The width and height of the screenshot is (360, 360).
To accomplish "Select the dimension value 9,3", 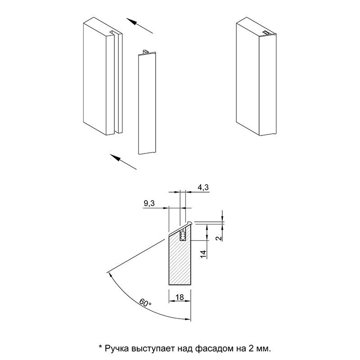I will [149, 204].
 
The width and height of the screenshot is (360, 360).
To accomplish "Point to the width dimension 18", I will [180, 297].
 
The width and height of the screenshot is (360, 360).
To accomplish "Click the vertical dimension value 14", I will [203, 254].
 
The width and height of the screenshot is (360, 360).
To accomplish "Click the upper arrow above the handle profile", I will [139, 26].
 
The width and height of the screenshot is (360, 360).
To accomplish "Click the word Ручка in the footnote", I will [116, 348].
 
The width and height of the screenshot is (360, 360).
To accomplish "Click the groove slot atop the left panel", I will [114, 34].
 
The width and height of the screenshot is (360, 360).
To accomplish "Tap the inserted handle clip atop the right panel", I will [267, 32].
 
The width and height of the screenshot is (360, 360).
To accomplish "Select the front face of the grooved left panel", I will [96, 76].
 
